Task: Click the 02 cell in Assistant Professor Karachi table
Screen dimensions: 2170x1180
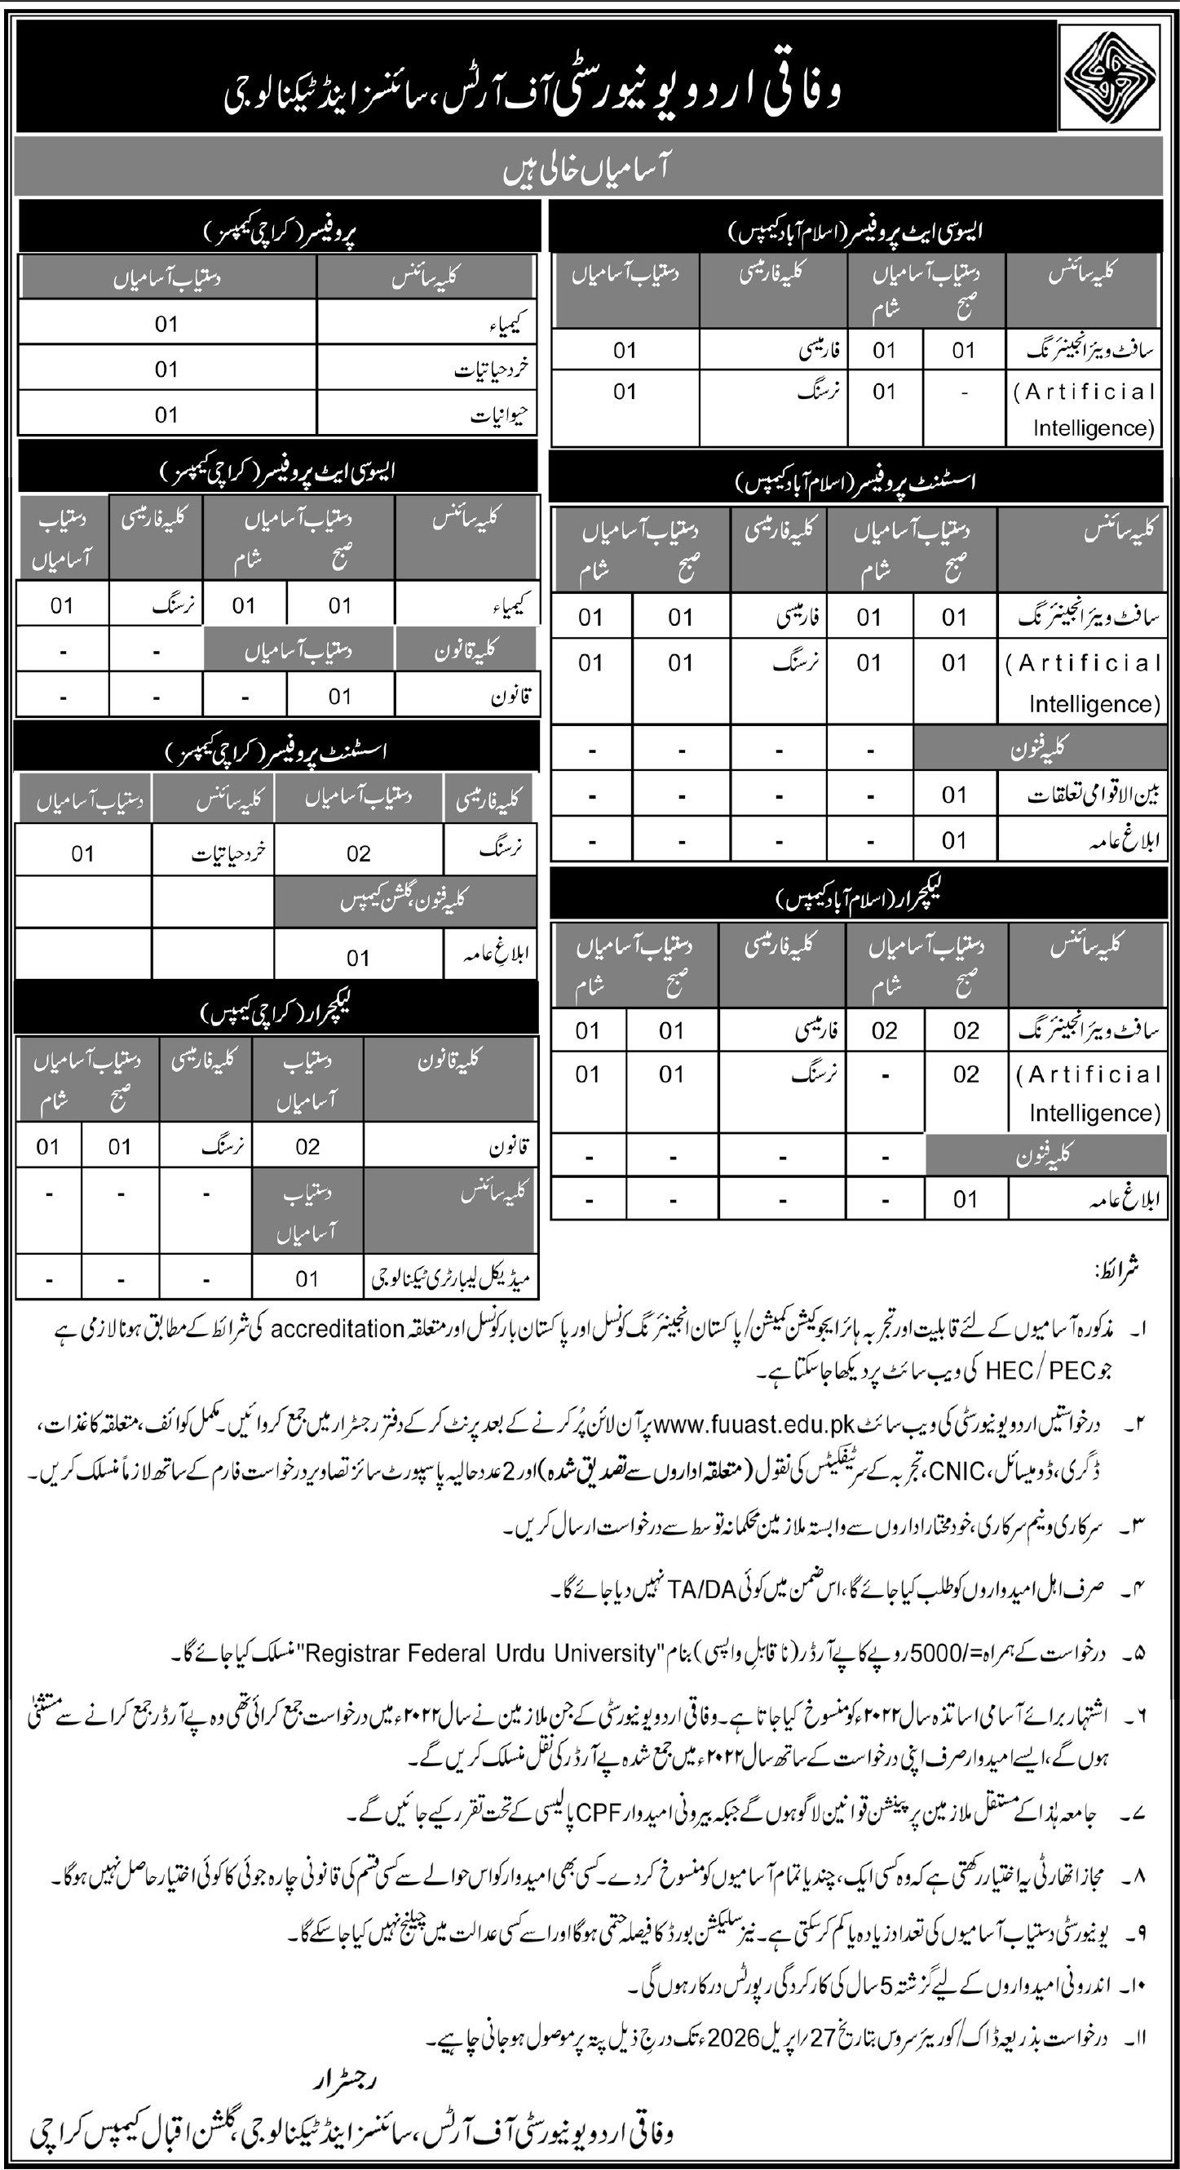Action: click(x=358, y=854)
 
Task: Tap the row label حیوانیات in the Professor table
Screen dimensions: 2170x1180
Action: click(x=503, y=414)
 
